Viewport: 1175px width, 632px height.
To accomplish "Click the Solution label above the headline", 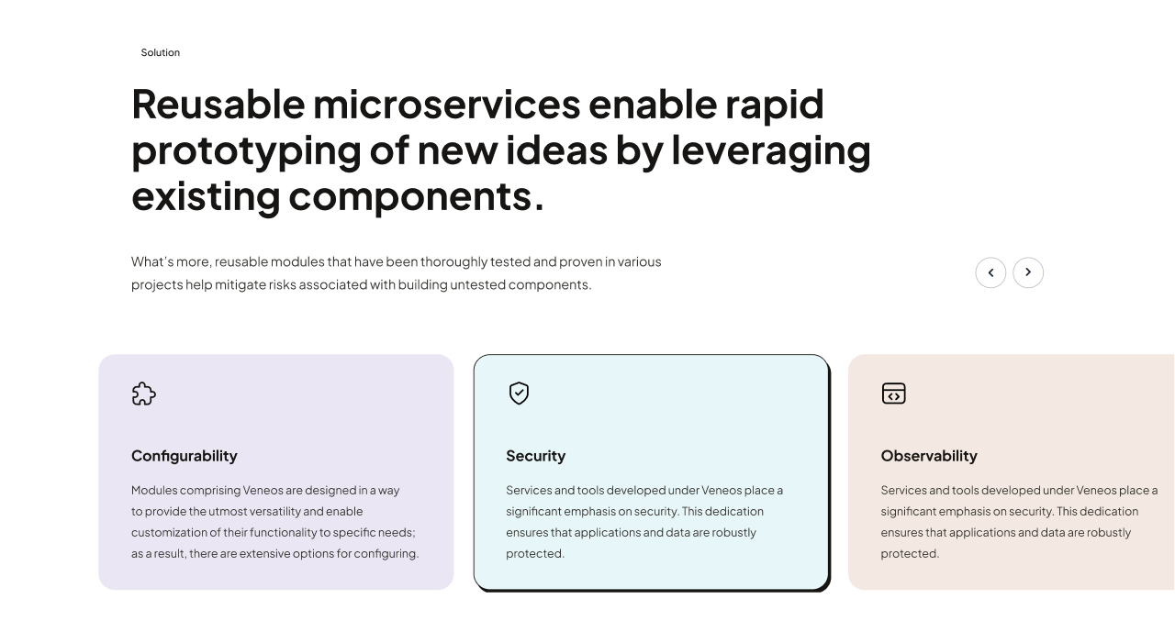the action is tap(160, 52).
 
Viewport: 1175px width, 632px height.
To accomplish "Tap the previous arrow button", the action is tap(990, 272).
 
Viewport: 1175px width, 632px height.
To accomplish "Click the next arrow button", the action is tap(1027, 272).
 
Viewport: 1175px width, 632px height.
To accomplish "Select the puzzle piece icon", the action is tap(144, 394).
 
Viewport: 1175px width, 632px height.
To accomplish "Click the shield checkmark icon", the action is tap(519, 393).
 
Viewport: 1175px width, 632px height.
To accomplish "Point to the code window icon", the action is tap(894, 394).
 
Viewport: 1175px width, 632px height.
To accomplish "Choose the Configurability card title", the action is tap(185, 456).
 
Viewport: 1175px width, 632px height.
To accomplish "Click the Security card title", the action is tap(535, 456).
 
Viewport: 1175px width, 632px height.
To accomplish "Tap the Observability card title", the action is tap(929, 456).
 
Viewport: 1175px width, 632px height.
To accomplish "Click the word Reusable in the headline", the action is tap(218, 105).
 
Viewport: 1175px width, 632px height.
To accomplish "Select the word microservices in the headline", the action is tap(447, 105).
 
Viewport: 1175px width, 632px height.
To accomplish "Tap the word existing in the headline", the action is tap(207, 197).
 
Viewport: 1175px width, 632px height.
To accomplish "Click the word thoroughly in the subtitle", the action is tap(454, 262).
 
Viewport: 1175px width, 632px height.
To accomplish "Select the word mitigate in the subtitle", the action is tap(241, 284).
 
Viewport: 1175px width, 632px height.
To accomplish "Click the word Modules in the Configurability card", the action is tap(154, 490).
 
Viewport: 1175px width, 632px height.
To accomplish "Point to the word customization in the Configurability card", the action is tap(169, 532).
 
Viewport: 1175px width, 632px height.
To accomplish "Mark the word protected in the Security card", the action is tap(535, 554).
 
